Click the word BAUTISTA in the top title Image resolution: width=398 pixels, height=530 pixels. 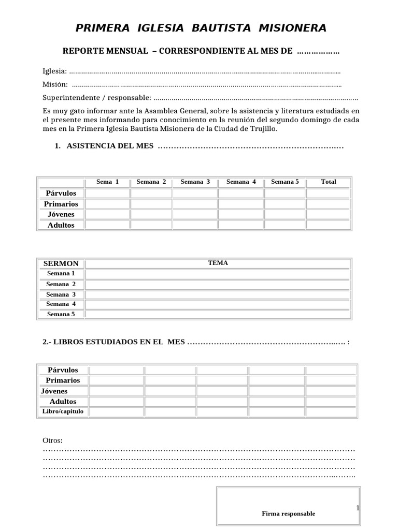pyautogui.click(x=228, y=28)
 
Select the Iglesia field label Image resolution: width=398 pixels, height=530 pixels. pyautogui.click(x=54, y=71)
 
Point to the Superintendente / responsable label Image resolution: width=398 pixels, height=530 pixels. pyautogui.click(x=97, y=98)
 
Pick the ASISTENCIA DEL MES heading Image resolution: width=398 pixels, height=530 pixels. pyautogui.click(x=110, y=146)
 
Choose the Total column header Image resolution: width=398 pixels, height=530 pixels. pyautogui.click(x=328, y=182)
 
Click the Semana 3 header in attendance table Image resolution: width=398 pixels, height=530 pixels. pyautogui.click(x=195, y=182)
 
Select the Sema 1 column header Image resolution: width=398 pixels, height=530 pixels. pyautogui.click(x=108, y=182)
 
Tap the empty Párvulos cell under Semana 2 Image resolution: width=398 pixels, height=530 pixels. pyautogui.click(x=151, y=194)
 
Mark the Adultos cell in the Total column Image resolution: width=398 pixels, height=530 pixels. pyautogui.click(x=328, y=225)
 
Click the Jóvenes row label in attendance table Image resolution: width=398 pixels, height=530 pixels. pyautogui.click(x=61, y=214)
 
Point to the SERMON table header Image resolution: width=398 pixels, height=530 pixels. pyautogui.click(x=61, y=263)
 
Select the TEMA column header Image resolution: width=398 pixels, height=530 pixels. pyautogui.click(x=218, y=263)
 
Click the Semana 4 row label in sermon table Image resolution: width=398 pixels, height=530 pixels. pyautogui.click(x=61, y=304)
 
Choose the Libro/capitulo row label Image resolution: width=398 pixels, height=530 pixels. pyautogui.click(x=62, y=411)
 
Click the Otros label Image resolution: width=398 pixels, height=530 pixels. pyautogui.click(x=52, y=440)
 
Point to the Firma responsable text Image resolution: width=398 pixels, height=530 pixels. pyautogui.click(x=288, y=514)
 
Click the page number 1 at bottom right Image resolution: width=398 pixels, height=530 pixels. pyautogui.click(x=358, y=508)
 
